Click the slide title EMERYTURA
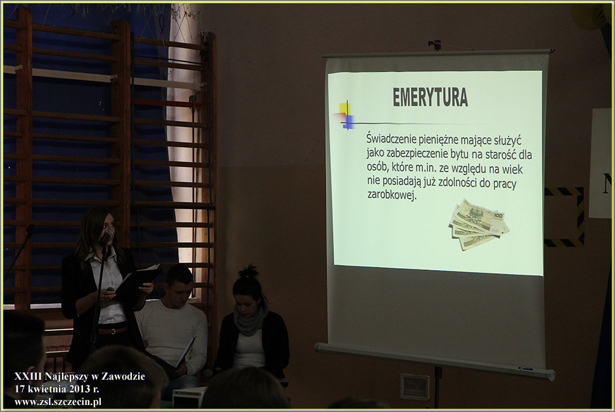(430, 97)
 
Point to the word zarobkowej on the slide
(391, 195)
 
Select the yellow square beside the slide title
(344, 108)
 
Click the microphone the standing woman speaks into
(106, 237)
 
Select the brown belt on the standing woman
(113, 330)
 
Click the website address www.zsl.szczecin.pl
(58, 402)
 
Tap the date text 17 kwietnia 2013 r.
(56, 389)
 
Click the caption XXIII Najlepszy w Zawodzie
(80, 377)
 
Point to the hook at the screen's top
(434, 45)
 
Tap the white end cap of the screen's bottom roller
(551, 375)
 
